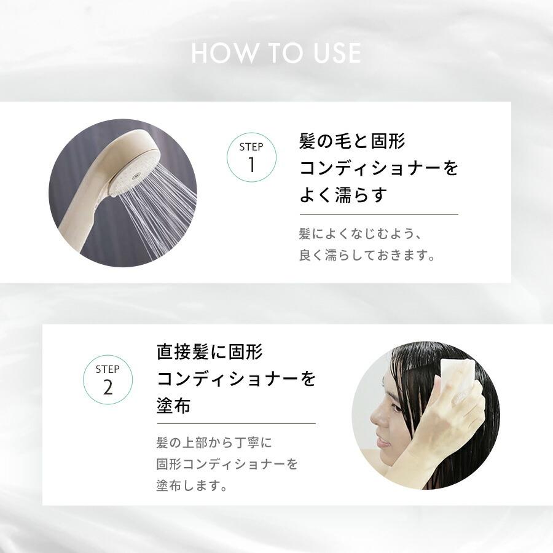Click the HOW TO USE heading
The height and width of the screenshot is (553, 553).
point(276,53)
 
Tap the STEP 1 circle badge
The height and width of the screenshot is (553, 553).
point(251,157)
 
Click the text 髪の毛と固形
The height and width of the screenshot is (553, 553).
point(352,142)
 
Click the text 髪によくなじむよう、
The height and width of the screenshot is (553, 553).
point(362,234)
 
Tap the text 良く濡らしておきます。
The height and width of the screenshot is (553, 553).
point(367,255)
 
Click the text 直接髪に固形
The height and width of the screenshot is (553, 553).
point(210,353)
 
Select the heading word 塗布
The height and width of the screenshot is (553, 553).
point(174,406)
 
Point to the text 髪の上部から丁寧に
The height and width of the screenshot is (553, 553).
point(214,442)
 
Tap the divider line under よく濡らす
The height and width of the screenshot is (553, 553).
point(378,214)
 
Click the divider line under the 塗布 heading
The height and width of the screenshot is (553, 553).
point(236,423)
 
